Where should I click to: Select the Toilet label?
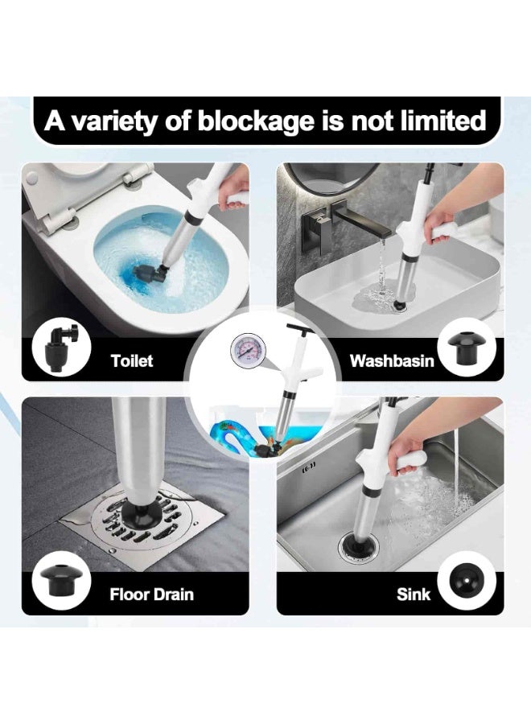(132, 360)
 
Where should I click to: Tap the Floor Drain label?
(151, 595)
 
